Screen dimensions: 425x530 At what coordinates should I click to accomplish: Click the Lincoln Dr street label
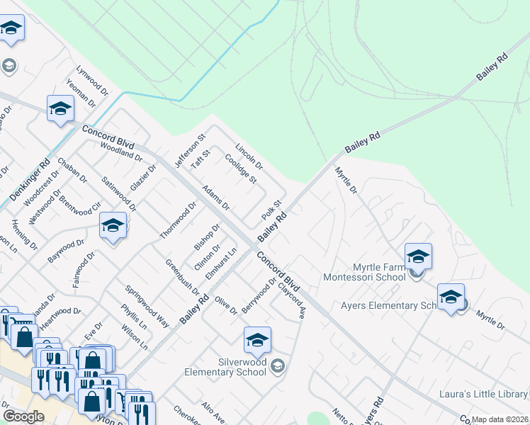click(249, 157)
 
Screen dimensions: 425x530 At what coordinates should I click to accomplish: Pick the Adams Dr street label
click(216, 198)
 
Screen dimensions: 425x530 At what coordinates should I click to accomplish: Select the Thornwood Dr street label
click(178, 220)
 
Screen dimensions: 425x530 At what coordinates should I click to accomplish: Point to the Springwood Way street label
click(147, 307)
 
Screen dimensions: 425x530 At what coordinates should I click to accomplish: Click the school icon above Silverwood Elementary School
click(257, 341)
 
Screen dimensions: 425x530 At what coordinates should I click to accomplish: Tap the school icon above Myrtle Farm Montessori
click(418, 256)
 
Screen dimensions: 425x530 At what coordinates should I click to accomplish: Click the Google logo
click(23, 416)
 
